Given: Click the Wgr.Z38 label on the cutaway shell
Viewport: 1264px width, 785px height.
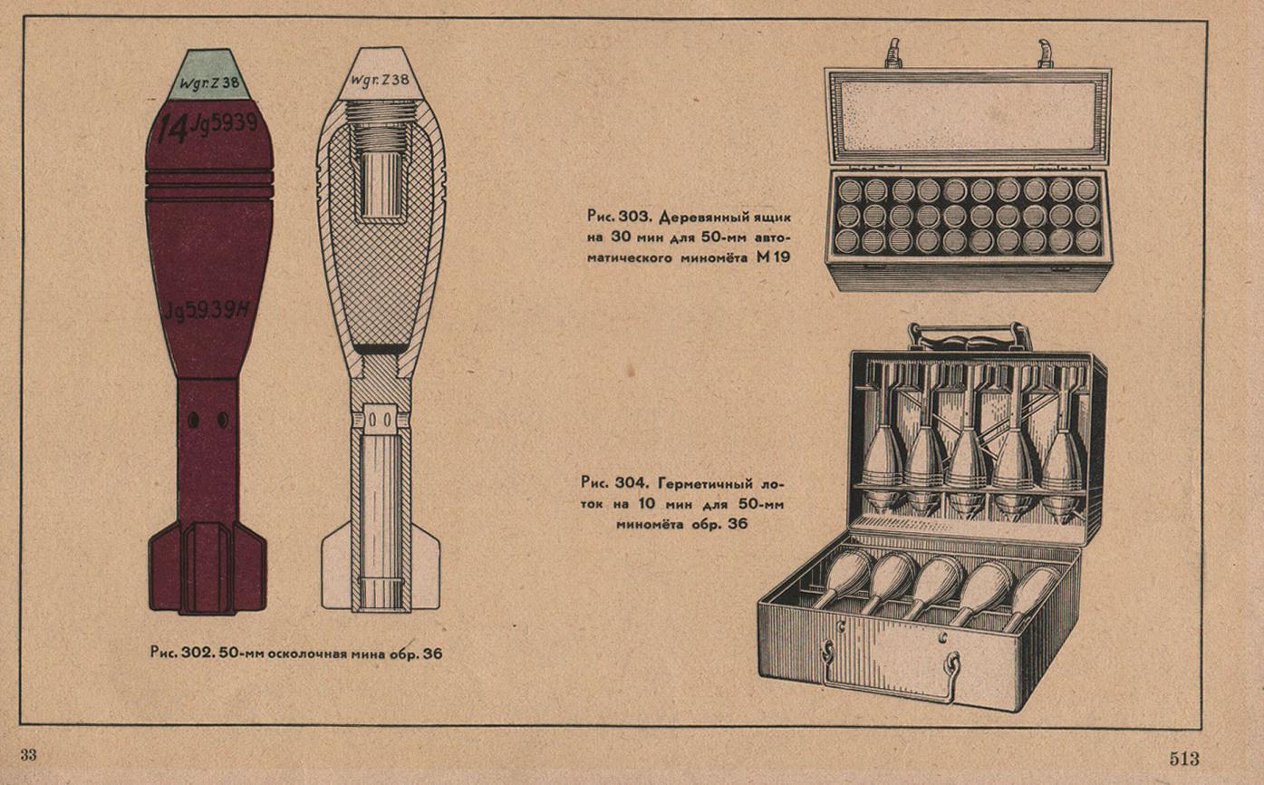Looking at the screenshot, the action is [x=379, y=80].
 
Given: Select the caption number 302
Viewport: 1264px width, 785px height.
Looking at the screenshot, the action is [x=196, y=653].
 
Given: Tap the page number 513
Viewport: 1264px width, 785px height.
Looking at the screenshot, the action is [x=1184, y=758].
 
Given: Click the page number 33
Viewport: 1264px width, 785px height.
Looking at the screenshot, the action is [x=28, y=754].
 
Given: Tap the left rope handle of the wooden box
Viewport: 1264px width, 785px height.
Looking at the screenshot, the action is [x=893, y=53].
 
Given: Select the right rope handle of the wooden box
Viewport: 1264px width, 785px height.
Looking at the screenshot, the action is [x=1045, y=53].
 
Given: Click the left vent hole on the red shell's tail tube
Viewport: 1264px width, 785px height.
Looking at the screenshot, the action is [x=194, y=420].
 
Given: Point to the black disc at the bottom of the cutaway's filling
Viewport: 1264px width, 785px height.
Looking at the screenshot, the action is [x=381, y=349].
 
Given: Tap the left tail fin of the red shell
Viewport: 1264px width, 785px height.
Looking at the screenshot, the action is [x=164, y=572].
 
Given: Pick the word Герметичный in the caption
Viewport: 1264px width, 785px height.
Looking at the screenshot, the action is [x=705, y=484].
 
